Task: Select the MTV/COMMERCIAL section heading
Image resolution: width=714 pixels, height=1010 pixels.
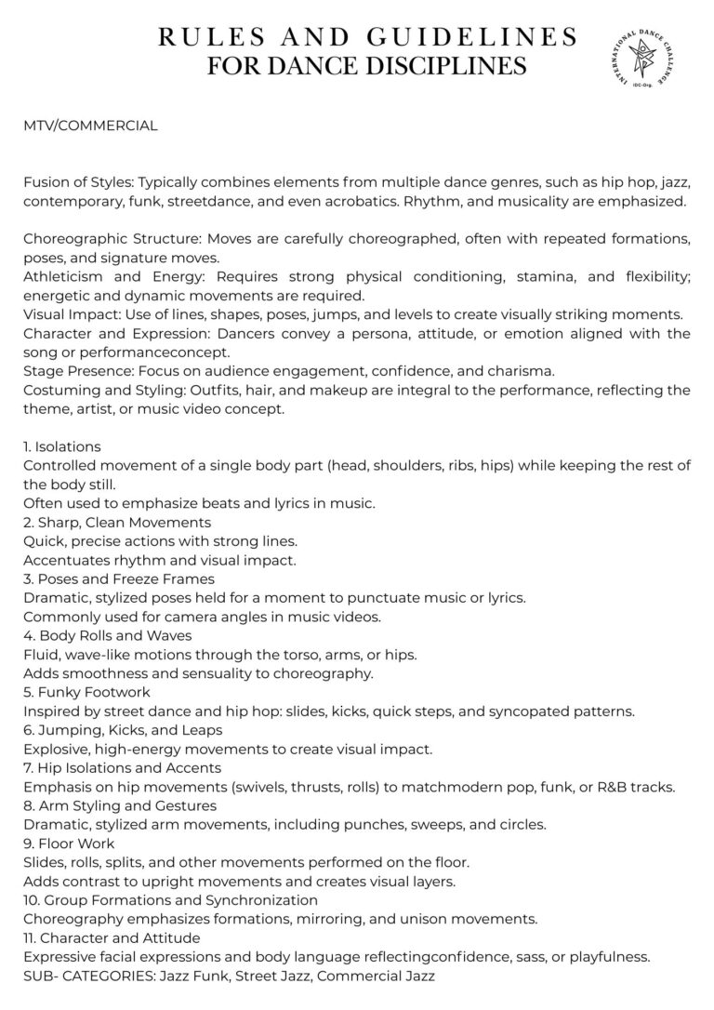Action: (x=90, y=126)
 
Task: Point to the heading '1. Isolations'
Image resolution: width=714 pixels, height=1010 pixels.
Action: (x=62, y=446)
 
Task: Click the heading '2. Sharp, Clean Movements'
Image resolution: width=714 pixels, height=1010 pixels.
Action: (x=117, y=523)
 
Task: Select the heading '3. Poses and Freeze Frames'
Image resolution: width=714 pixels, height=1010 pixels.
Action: (x=119, y=579)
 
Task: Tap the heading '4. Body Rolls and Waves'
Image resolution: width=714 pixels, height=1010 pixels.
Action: (x=108, y=636)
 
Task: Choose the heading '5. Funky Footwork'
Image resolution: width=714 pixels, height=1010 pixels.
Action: (x=86, y=693)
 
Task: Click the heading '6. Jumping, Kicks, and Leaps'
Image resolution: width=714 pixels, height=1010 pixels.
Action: (x=123, y=730)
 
